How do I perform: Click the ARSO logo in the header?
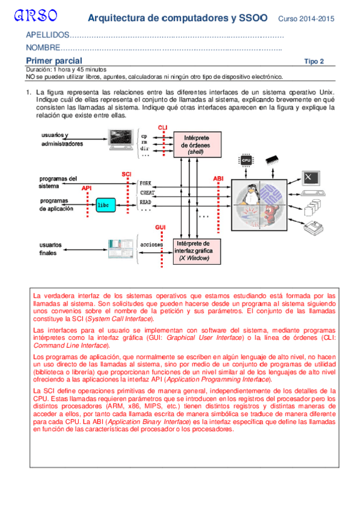35,16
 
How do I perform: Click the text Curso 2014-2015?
306,19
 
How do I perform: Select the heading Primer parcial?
54,61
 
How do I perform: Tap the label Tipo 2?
314,61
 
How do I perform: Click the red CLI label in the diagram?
162,127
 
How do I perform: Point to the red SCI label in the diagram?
126,174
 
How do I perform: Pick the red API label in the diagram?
87,188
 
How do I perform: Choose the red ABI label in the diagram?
218,179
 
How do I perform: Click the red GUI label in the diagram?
160,227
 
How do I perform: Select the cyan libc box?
106,205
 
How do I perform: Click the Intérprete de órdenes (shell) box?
197,144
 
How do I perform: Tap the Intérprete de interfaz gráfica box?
197,251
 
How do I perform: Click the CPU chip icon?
246,160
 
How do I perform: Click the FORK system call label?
145,183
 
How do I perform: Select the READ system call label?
145,202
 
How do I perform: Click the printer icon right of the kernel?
314,227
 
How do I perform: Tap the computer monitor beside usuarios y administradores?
121,139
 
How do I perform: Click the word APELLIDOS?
47,35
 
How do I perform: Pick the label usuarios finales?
50,249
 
